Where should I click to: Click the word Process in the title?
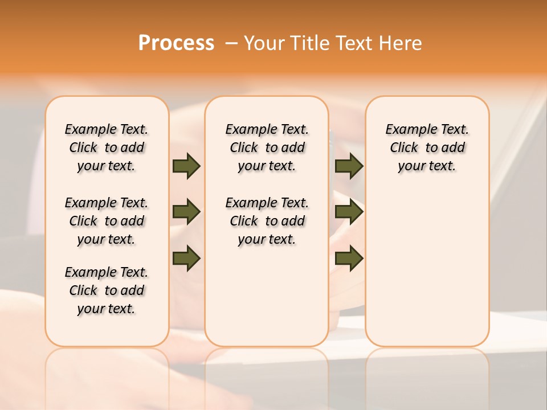point(176,43)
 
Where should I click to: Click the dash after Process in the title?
point(231,44)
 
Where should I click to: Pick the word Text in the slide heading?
point(355,43)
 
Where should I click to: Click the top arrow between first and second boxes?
point(186,166)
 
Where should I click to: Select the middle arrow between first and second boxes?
point(186,212)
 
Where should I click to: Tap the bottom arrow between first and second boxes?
point(186,258)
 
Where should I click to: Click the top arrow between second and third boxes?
point(349,166)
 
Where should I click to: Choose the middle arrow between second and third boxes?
point(349,212)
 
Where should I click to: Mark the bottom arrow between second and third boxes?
point(349,258)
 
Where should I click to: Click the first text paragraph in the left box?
point(107,147)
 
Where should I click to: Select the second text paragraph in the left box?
point(107,221)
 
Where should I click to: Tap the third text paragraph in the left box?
point(107,290)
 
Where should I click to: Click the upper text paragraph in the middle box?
point(267,147)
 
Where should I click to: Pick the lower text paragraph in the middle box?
point(267,221)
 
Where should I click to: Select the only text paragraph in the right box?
point(427,147)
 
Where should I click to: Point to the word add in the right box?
point(454,148)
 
